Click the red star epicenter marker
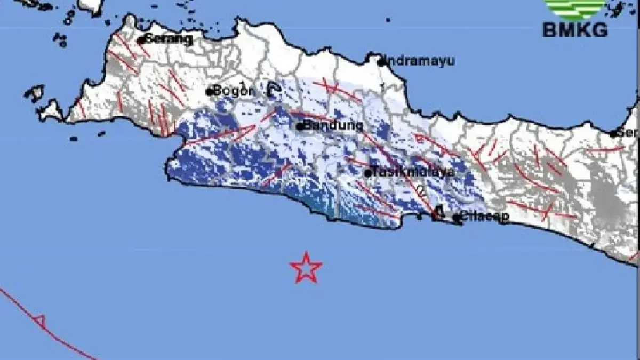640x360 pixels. coord(306,268)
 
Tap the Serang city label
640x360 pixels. coord(169,39)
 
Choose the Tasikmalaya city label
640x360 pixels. coord(413,172)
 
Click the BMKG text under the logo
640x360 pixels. coord(575,30)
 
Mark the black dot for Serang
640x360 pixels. coord(141,40)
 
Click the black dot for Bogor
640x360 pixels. coord(210,92)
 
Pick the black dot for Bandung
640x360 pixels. coord(300,127)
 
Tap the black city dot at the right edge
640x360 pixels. coord(614,134)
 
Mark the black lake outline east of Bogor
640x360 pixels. coord(273,90)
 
